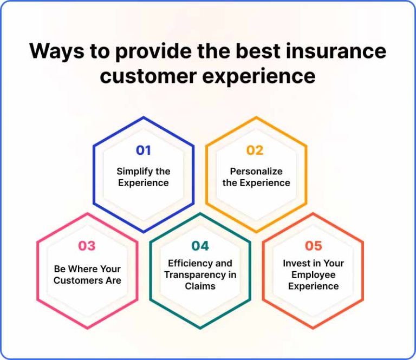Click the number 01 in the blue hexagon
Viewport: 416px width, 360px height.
click(x=144, y=150)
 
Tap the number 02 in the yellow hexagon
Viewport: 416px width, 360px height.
click(x=255, y=150)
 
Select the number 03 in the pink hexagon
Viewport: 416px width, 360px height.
click(x=87, y=246)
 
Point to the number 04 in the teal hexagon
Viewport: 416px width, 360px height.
click(x=200, y=246)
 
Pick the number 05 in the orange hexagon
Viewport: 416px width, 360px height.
click(x=313, y=246)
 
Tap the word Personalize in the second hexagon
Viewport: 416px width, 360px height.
click(x=256, y=172)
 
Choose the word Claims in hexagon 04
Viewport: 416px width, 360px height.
click(x=200, y=286)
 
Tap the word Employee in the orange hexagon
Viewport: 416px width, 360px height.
click(x=314, y=274)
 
